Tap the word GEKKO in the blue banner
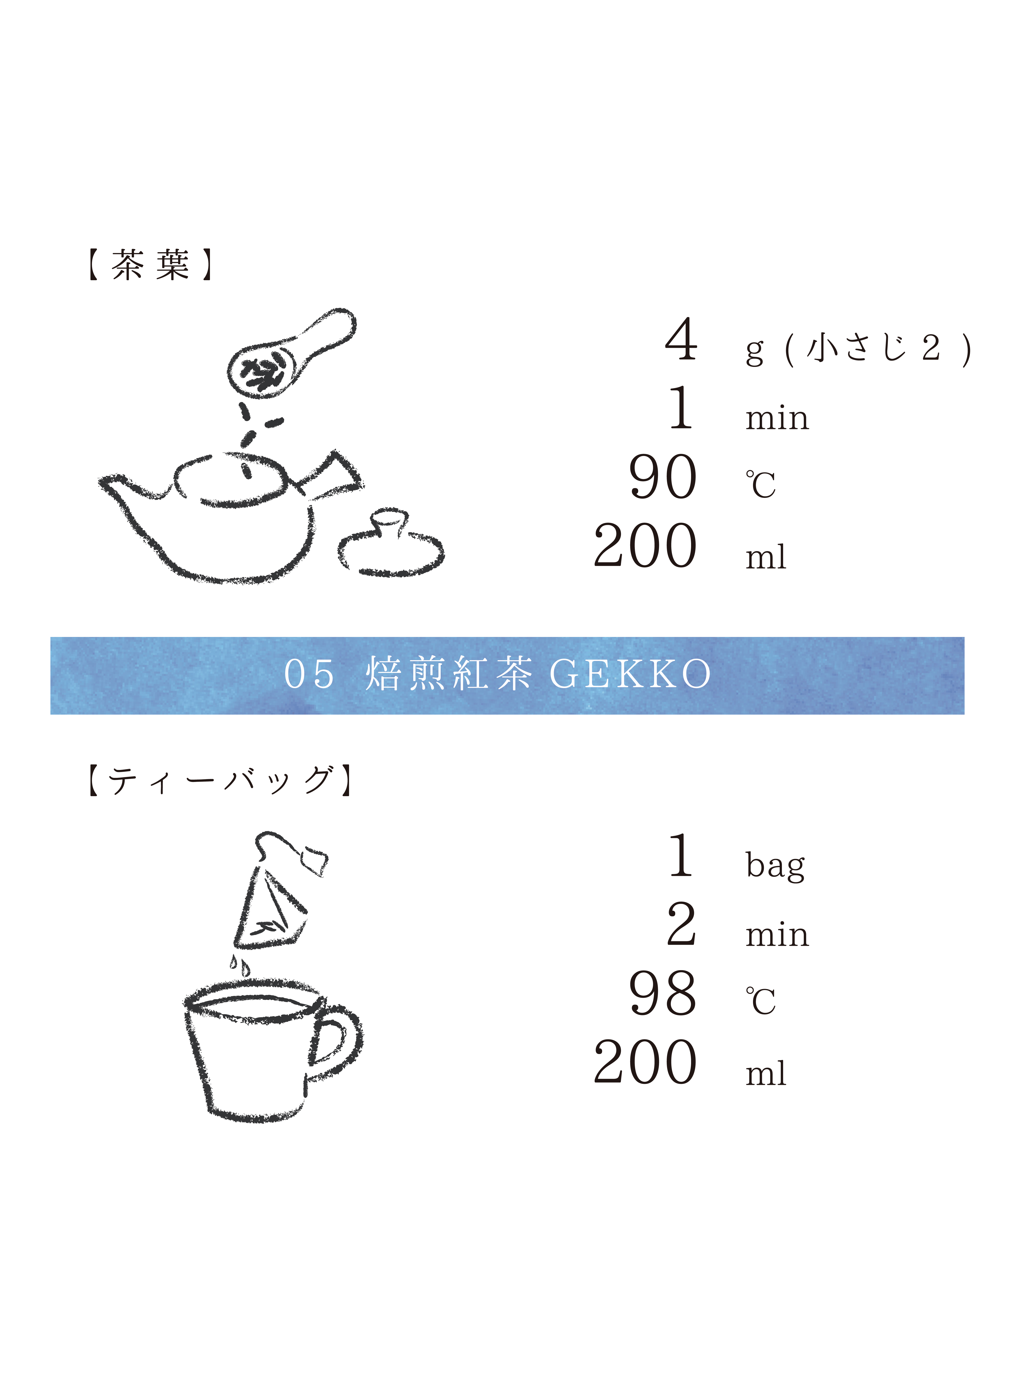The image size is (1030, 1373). pos(630,674)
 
